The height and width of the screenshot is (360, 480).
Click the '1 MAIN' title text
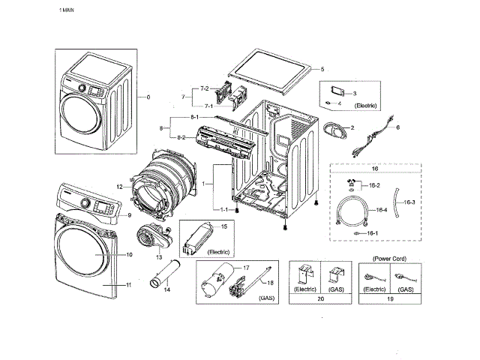(67, 10)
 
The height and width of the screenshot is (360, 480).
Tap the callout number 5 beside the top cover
(322, 69)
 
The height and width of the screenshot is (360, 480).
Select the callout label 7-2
(205, 88)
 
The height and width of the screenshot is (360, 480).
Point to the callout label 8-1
(195, 117)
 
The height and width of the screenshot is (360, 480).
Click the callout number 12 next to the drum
(119, 187)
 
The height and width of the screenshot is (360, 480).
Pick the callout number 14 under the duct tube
(166, 289)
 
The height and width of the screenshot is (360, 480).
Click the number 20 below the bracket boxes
(320, 298)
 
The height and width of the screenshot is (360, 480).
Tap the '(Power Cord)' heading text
(389, 259)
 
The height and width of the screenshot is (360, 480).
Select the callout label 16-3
(409, 202)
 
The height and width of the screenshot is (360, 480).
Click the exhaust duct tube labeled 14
(165, 273)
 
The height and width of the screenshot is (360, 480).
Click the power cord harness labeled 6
(373, 136)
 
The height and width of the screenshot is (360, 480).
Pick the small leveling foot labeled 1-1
(237, 210)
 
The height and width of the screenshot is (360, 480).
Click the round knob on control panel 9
(85, 203)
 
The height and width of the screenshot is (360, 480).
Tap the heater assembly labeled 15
(197, 238)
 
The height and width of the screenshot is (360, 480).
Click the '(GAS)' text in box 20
(336, 289)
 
